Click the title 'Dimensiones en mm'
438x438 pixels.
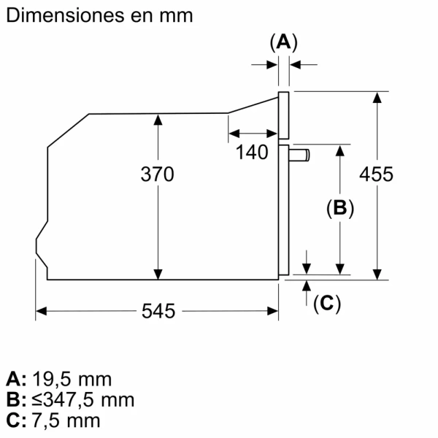point(99,15)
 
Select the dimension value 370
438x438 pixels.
point(158,174)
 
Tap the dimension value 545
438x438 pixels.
point(158,311)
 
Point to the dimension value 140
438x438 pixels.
point(253,153)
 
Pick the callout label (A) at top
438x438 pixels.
point(284,43)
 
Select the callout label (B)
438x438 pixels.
point(339,209)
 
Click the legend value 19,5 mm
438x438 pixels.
point(72,379)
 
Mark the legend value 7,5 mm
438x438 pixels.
point(66,420)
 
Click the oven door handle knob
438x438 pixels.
point(300,154)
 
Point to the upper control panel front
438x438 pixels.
point(284,115)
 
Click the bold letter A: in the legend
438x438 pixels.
point(16,379)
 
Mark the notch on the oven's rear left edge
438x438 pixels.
point(39,247)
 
